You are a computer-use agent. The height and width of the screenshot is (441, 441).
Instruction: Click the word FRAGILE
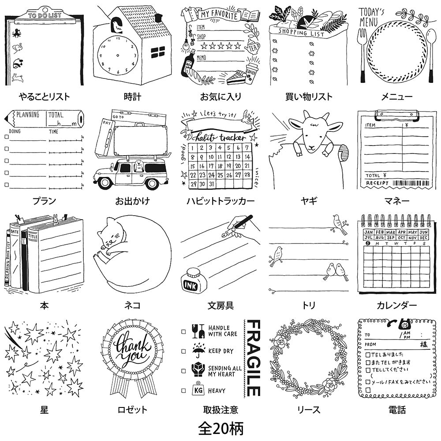(253, 358)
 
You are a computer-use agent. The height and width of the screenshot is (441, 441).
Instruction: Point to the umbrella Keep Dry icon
(197, 351)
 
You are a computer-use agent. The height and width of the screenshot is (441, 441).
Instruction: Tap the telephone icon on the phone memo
(401, 325)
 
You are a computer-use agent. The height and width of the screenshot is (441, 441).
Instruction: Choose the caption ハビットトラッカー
(220, 202)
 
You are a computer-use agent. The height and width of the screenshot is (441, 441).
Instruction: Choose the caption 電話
(397, 410)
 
